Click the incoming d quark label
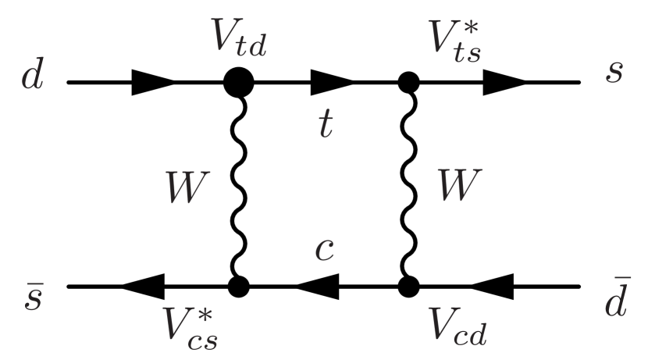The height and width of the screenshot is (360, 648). pos(32,80)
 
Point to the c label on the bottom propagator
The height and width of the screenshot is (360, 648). pos(326,249)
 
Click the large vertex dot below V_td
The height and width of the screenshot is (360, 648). pos(240,81)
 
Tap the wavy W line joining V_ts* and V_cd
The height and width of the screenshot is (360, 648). pos(407,184)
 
